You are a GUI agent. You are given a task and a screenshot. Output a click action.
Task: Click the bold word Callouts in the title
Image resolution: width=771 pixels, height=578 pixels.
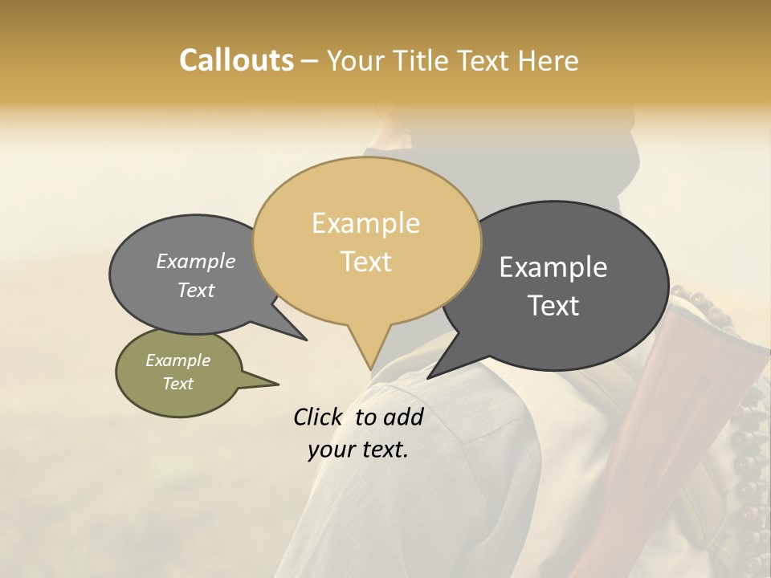236,60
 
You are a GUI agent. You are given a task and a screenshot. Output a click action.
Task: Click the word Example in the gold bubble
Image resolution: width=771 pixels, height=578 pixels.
365,223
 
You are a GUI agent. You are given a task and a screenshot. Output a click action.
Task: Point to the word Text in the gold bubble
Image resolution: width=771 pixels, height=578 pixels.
365,262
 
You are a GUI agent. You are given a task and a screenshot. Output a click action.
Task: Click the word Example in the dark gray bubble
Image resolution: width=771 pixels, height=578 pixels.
553,267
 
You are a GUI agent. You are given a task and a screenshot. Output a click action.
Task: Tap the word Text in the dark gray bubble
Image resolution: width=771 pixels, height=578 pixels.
554,306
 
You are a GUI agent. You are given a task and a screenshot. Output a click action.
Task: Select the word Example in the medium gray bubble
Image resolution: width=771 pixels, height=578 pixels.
195,262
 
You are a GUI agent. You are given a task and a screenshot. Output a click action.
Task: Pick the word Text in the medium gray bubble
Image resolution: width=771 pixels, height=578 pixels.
195,291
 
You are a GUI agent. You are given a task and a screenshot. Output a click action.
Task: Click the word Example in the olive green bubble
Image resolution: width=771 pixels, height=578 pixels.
177,360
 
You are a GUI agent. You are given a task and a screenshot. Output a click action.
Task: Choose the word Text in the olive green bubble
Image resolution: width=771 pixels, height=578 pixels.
177,384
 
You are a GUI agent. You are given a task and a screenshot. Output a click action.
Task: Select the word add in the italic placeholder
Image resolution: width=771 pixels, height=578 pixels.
404,417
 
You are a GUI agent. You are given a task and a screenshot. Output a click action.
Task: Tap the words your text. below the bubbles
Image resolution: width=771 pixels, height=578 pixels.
357,450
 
